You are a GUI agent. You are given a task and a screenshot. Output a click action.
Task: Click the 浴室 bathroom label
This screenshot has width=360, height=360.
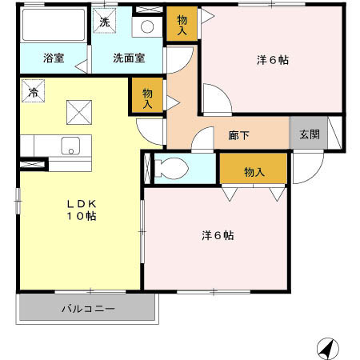click(x=54, y=58)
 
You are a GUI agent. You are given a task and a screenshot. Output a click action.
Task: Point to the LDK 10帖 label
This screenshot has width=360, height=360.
click(x=81, y=210)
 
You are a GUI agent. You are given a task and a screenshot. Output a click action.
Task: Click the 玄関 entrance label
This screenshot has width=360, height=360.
click(x=309, y=134)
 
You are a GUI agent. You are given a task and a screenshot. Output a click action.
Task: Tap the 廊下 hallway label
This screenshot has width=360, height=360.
click(x=238, y=135)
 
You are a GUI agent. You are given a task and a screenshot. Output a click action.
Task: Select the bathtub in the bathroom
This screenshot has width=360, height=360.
click(x=53, y=25)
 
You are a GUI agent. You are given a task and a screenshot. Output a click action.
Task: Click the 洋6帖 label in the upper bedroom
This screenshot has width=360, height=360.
click(x=274, y=58)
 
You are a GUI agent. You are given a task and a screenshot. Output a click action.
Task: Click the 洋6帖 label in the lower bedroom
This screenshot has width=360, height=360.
click(x=217, y=236)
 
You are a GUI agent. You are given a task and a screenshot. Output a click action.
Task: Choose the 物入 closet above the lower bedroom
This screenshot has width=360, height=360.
click(x=254, y=172)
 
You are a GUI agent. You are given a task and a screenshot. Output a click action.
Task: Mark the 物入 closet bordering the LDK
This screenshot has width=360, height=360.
click(x=148, y=98)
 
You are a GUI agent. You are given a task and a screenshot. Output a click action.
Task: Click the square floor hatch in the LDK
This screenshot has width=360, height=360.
click(x=79, y=112)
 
